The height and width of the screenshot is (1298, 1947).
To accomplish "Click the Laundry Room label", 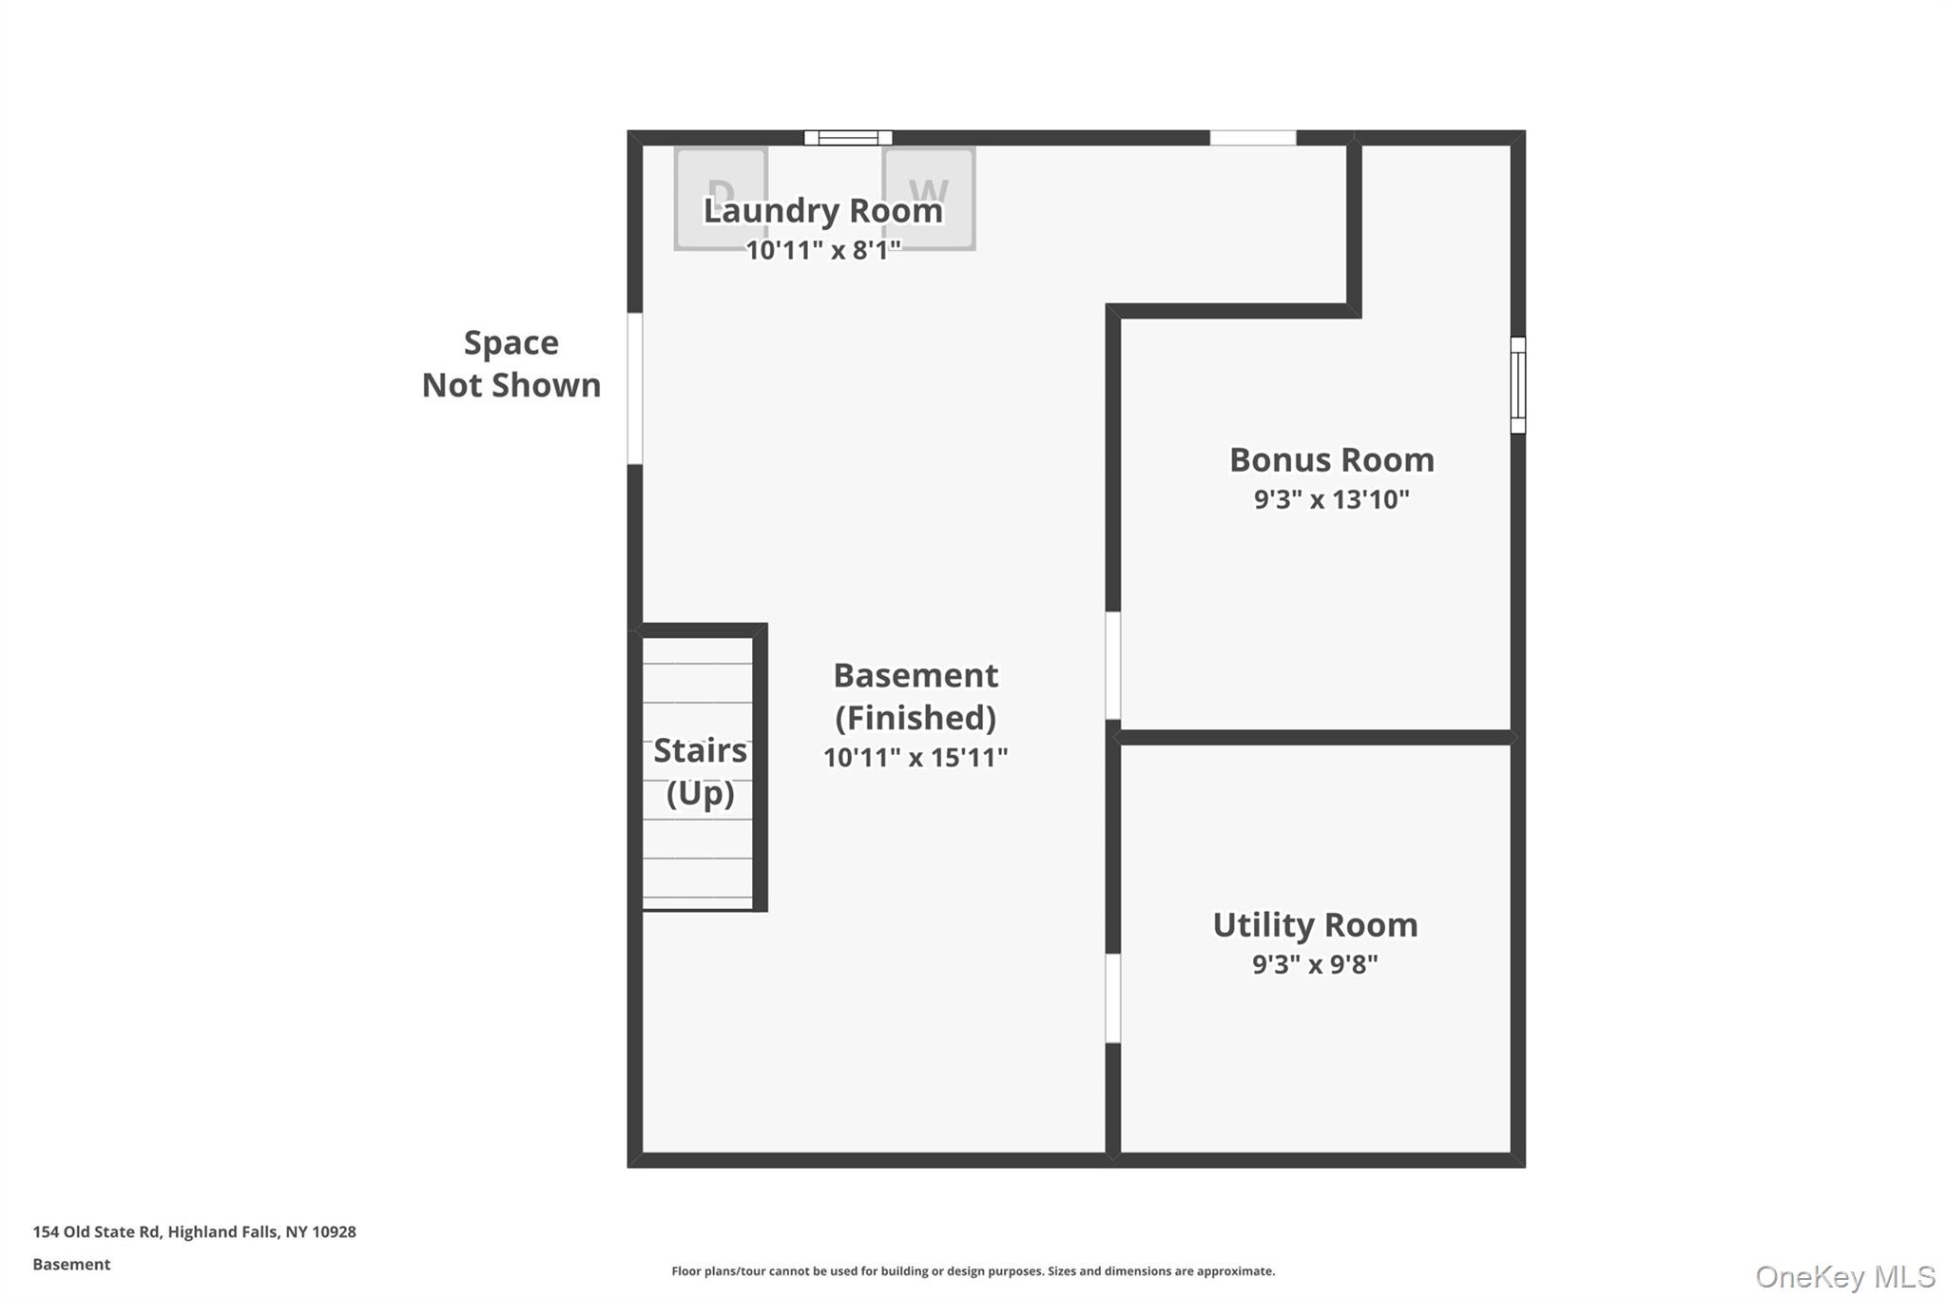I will pyautogui.click(x=822, y=210).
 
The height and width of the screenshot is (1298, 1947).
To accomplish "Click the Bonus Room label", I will pyautogui.click(x=1331, y=460).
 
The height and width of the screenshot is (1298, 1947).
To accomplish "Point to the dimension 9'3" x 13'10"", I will pyautogui.click(x=1331, y=499).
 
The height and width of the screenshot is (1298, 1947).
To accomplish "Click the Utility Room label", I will pyautogui.click(x=1315, y=925).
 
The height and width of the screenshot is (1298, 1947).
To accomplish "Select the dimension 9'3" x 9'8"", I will pyautogui.click(x=1315, y=964).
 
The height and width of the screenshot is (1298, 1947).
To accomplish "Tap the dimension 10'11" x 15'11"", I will pyautogui.click(x=915, y=758).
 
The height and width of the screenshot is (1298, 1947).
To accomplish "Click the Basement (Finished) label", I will pyautogui.click(x=915, y=696).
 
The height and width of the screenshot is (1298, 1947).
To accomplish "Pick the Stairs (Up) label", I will pyautogui.click(x=700, y=771).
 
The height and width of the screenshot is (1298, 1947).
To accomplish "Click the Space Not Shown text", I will pyautogui.click(x=511, y=364).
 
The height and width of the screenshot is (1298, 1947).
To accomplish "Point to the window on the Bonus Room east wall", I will pyautogui.click(x=1518, y=385).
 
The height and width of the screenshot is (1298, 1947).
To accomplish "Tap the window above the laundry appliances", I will pyautogui.click(x=848, y=138).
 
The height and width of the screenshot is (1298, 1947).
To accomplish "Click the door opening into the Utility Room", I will pyautogui.click(x=1112, y=998).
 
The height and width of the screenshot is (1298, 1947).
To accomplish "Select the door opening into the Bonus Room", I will pyautogui.click(x=1112, y=666).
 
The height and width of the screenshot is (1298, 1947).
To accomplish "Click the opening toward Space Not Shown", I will pyautogui.click(x=634, y=388).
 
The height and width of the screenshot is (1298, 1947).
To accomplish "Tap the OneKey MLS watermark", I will pyautogui.click(x=1844, y=1276).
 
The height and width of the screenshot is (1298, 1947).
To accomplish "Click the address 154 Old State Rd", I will pyautogui.click(x=194, y=1232).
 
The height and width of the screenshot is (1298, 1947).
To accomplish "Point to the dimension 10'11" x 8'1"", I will pyautogui.click(x=822, y=251).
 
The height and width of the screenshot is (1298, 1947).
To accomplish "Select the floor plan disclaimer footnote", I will pyautogui.click(x=973, y=1271).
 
